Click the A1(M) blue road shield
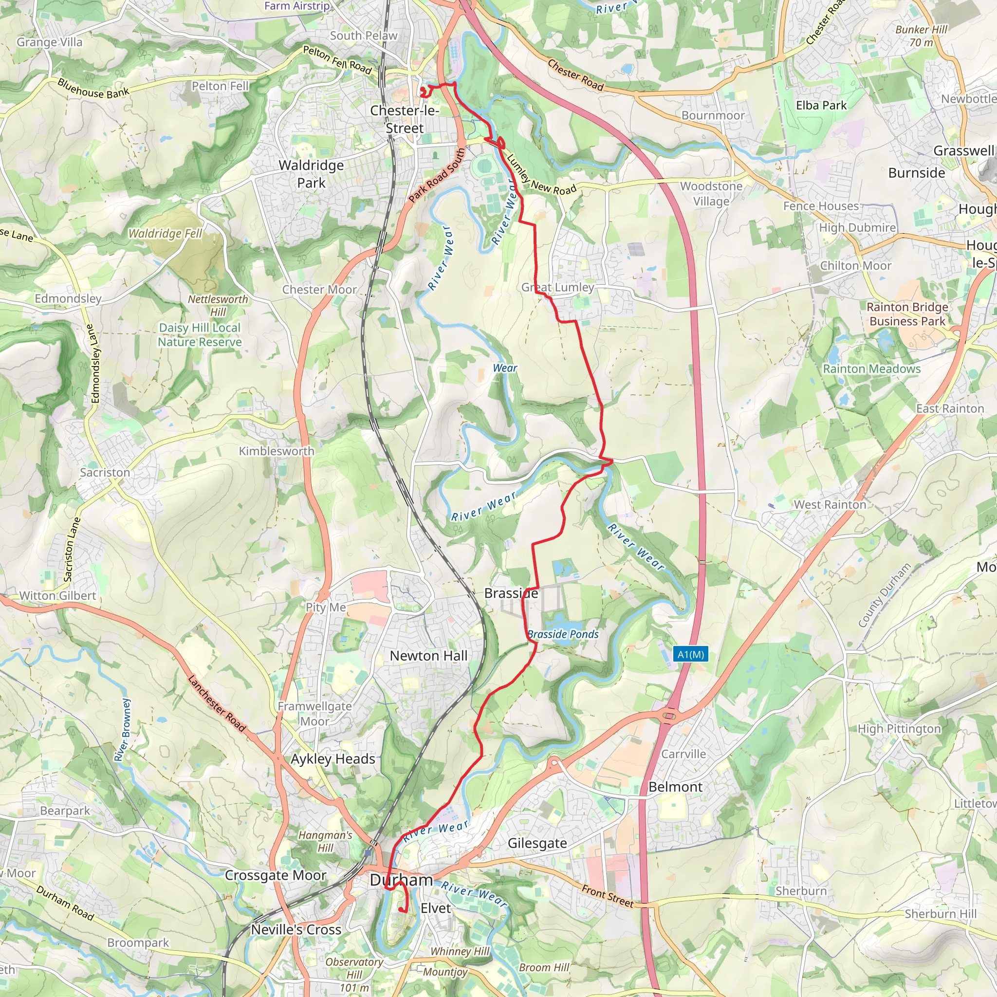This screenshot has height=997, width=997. [690, 654]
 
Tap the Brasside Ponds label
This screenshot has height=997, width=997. [563, 634]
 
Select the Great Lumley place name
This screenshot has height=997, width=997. [557, 287]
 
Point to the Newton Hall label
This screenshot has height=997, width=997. [428, 656]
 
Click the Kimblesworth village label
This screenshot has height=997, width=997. [276, 451]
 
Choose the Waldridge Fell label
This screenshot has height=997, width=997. [165, 233]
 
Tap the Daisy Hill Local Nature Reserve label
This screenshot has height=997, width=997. [200, 335]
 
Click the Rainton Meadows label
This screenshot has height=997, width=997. [871, 369]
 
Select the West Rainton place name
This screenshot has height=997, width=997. [830, 505]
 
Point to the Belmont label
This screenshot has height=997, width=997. [675, 787]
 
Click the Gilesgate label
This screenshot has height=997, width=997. [537, 843]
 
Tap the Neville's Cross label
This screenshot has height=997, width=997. [296, 929]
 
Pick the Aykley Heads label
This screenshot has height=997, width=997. [333, 759]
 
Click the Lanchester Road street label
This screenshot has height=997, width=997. [216, 703]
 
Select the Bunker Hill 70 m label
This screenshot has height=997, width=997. [921, 36]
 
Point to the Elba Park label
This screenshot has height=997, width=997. [821, 105]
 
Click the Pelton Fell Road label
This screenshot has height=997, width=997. [337, 59]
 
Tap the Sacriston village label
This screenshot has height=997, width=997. [105, 472]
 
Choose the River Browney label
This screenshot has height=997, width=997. [123, 730]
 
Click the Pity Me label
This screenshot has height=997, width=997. [326, 608]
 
